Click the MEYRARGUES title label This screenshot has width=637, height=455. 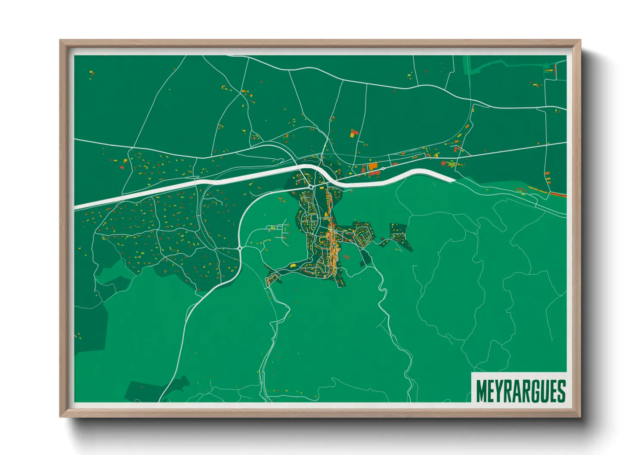(520, 391)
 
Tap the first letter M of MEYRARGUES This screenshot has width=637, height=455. (482, 391)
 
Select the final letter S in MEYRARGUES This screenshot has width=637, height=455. (561, 391)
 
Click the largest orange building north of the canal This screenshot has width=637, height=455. (373, 166)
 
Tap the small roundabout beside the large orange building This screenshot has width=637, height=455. (383, 169)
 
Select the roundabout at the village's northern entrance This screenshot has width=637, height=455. (311, 187)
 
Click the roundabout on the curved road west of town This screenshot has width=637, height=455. (239, 248)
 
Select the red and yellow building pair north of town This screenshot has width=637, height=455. (354, 133)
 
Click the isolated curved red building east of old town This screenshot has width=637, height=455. (346, 257)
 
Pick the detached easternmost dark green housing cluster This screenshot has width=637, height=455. (399, 236)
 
